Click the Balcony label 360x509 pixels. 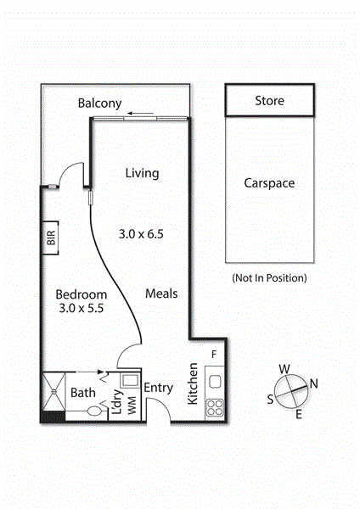point(99,103)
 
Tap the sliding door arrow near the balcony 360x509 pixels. point(140,114)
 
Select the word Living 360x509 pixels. point(143,173)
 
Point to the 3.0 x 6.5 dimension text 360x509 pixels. point(141,234)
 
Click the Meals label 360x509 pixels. point(161,294)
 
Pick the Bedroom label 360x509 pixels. point(82,294)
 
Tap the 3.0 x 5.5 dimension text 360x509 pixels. point(82,308)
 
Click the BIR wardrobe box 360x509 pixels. point(50,238)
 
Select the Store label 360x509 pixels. point(269,101)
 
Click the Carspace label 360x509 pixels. point(269,183)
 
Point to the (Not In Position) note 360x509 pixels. point(269,278)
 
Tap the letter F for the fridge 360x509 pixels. point(214,354)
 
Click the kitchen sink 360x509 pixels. point(216,382)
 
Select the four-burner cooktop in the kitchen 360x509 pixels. point(215,407)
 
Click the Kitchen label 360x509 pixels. point(193,383)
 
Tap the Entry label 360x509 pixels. point(158,388)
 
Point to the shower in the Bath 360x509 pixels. point(54,392)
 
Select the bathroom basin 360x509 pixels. point(94,411)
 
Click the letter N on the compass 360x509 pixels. point(313,383)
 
